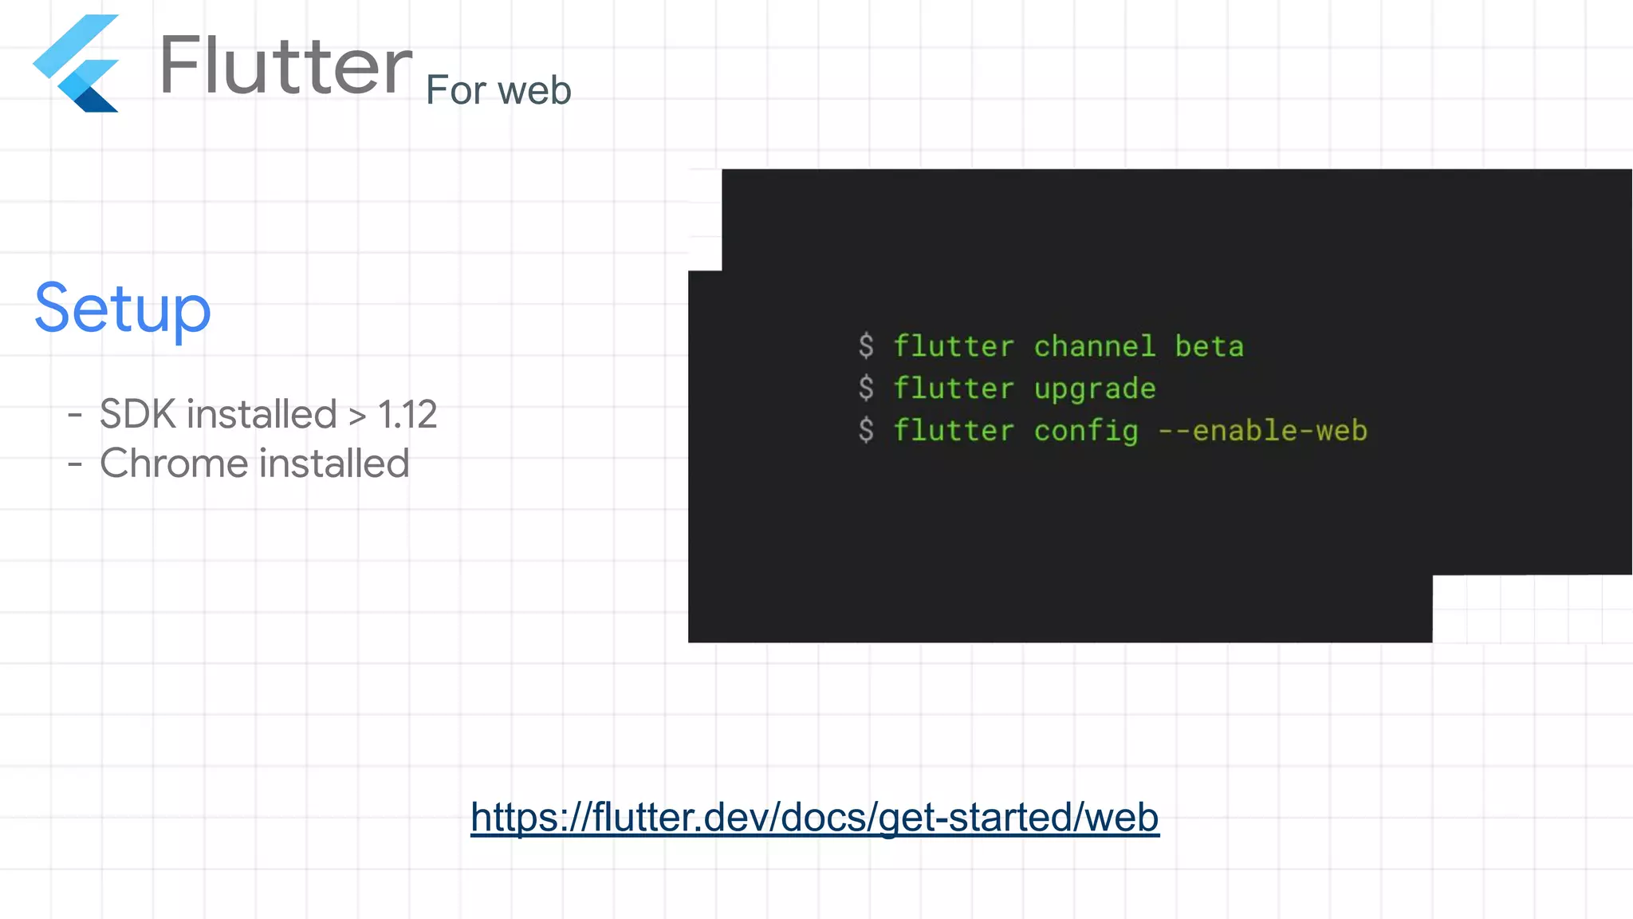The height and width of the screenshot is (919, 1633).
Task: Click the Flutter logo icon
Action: (77, 64)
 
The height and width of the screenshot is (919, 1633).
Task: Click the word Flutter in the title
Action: (285, 65)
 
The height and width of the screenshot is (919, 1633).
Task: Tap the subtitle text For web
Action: (498, 90)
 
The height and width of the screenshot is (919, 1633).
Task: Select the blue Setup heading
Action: (123, 309)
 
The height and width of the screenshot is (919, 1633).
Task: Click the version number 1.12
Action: (407, 414)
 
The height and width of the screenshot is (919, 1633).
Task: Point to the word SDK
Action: (138, 414)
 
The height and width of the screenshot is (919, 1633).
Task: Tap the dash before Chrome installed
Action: (75, 463)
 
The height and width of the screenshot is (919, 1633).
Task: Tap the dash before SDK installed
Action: (75, 414)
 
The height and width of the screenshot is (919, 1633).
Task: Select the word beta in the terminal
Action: (1209, 346)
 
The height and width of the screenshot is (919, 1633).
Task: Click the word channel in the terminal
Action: (1095, 346)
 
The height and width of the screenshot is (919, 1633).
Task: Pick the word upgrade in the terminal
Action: (1095, 389)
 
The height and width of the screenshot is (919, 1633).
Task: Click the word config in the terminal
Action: (1086, 431)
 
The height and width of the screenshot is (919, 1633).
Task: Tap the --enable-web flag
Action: (1262, 431)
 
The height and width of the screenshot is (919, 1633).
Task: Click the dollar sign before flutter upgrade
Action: (866, 389)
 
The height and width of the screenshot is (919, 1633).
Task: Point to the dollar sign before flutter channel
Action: (866, 346)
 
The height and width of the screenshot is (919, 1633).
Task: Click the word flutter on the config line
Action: (954, 431)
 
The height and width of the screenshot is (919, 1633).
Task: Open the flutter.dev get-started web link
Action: (814, 817)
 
